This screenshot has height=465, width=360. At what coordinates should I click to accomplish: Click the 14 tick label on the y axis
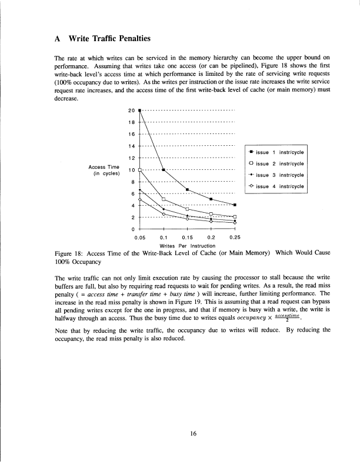coord(131,146)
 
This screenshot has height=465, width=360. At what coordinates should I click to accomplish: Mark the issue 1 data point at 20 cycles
coord(140,110)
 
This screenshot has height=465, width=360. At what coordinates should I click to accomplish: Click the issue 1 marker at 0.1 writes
coord(164,169)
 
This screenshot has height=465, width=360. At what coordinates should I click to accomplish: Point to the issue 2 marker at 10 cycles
coord(140,169)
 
